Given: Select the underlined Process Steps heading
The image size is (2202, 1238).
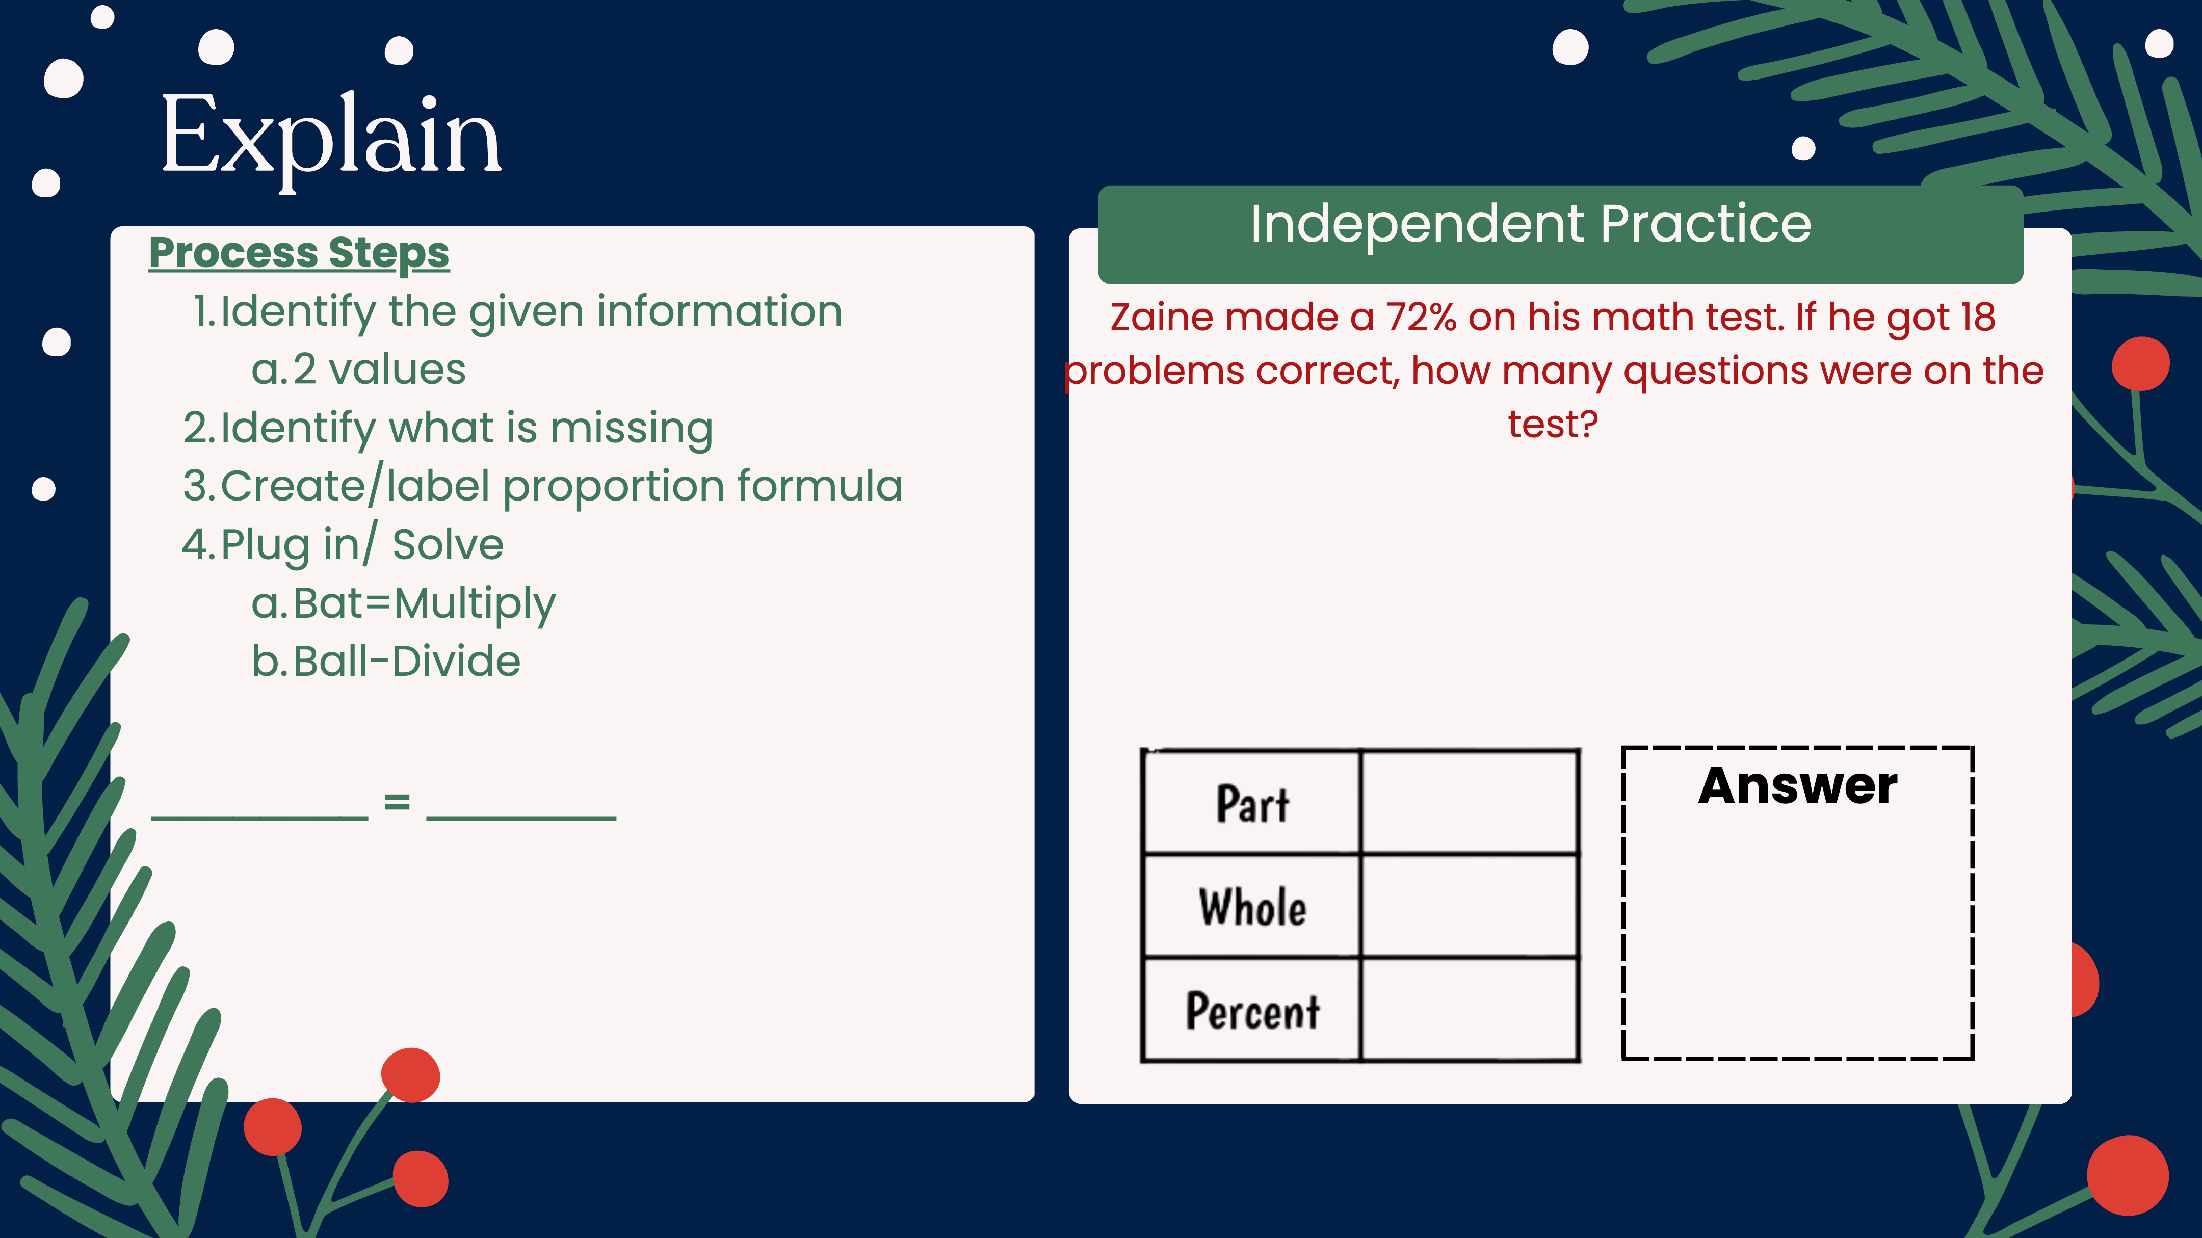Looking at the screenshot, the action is (299, 254).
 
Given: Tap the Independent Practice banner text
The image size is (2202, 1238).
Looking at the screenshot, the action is (1530, 224).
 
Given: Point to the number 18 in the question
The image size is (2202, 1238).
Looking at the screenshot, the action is (1977, 317).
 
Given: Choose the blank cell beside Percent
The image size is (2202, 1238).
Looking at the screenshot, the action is (1470, 1010).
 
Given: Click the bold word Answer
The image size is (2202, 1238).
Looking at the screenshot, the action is (1798, 786).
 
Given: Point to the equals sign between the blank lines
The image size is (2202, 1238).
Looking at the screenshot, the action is (397, 802).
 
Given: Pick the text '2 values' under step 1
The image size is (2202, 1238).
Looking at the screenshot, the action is (380, 370).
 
